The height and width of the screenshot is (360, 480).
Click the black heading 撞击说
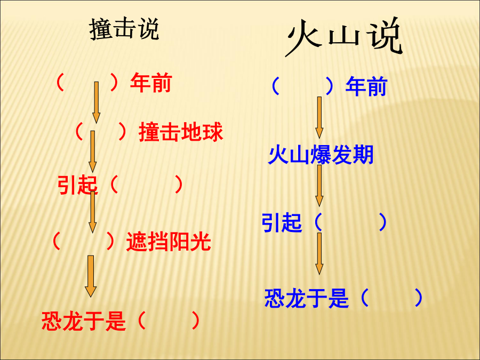tap(124, 29)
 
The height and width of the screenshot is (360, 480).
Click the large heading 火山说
tap(344, 37)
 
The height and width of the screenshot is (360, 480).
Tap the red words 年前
tap(151, 83)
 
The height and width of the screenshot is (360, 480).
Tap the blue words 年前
tap(366, 86)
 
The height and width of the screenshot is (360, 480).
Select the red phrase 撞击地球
tap(181, 132)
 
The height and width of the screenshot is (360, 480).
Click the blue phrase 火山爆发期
tap(321, 155)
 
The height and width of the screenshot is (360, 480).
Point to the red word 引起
tap(78, 185)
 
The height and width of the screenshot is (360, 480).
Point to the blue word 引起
tap(282, 222)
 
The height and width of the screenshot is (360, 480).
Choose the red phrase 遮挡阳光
tap(169, 242)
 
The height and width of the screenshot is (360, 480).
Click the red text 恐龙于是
tap(84, 321)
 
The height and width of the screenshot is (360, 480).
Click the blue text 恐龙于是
tap(307, 298)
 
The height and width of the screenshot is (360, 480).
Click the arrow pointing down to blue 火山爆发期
tap(319, 117)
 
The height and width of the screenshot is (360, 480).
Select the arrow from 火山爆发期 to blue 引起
tap(319, 186)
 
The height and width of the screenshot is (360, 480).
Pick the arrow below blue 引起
tap(319, 253)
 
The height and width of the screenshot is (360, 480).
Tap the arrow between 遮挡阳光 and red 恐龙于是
tap(91, 276)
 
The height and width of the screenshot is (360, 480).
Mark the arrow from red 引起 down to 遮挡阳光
tap(92, 212)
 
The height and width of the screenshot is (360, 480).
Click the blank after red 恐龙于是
tap(169, 321)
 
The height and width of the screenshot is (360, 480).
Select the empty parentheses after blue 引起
tap(350, 222)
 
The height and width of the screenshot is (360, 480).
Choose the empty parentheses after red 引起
tap(146, 185)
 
